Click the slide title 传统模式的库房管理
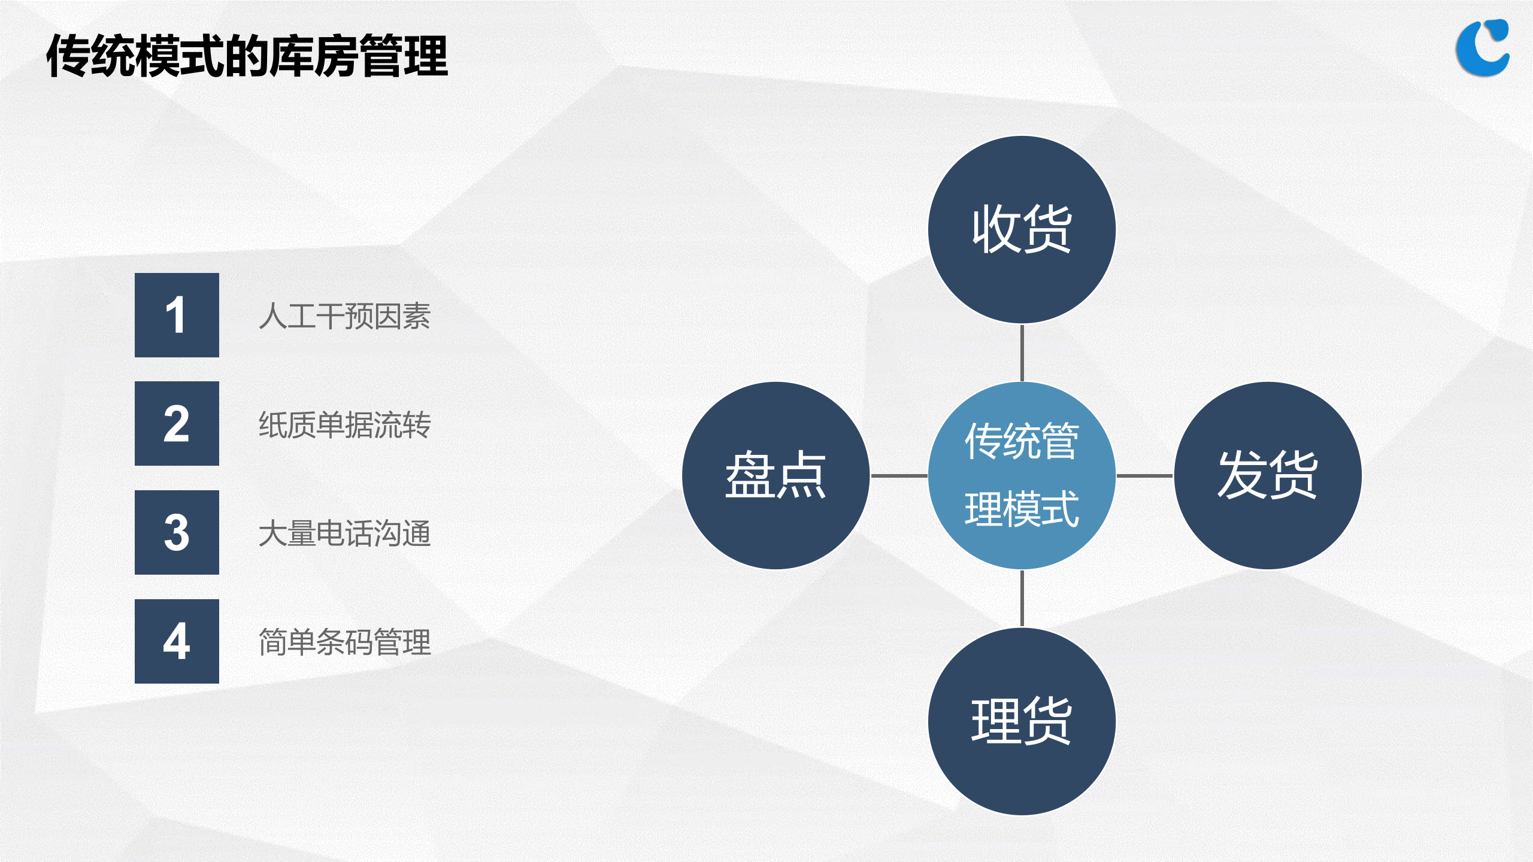[x=247, y=56]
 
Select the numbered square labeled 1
[x=177, y=315]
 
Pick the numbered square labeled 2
[x=177, y=423]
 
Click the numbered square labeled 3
[x=177, y=532]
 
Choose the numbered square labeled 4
[x=177, y=641]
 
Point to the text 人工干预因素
[x=344, y=316]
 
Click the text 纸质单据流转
[x=344, y=425]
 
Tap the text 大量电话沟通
[x=344, y=533]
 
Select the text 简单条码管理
[x=344, y=642]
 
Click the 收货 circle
[x=1022, y=229]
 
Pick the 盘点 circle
[x=775, y=475]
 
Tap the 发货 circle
[x=1268, y=475]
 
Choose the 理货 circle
[x=1022, y=721]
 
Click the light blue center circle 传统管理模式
[x=1022, y=475]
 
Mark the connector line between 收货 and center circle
[x=1022, y=353]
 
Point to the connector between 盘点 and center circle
[x=899, y=476]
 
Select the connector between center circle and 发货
[x=1144, y=476]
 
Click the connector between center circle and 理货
[x=1022, y=599]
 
